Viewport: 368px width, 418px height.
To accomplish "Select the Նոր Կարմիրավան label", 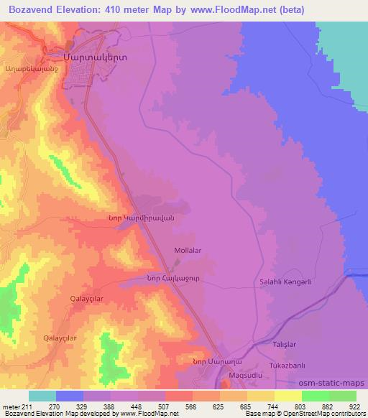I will [x=147, y=218].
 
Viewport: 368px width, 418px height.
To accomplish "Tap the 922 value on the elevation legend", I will [x=354, y=405].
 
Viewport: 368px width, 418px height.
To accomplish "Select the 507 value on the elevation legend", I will [x=165, y=405].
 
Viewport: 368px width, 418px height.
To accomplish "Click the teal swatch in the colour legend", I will [x=42, y=395].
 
